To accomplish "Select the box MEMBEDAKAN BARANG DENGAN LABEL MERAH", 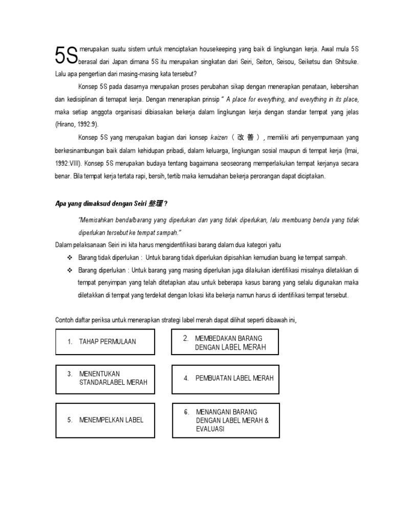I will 225,343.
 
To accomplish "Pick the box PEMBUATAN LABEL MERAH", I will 225,378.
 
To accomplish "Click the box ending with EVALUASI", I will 225,420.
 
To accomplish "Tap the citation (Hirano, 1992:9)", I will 77,124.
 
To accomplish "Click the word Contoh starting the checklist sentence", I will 65,320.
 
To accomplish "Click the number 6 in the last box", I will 187,411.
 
